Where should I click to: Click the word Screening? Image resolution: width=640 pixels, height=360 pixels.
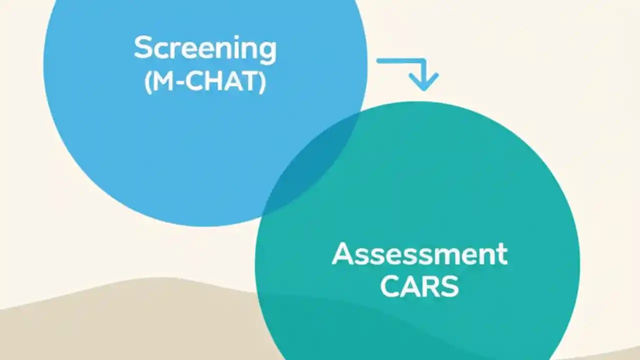click(205, 48)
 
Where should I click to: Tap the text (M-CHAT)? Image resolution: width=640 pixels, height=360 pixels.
click(205, 82)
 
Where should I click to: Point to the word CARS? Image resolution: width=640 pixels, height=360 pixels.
click(419, 287)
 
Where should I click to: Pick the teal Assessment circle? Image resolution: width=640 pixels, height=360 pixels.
click(450, 200)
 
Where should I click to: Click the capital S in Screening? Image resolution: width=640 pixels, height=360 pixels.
click(142, 48)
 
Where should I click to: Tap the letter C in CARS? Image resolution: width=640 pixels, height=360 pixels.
click(390, 287)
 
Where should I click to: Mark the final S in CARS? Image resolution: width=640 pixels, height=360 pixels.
click(448, 287)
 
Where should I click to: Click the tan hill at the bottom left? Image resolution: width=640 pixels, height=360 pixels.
click(100, 325)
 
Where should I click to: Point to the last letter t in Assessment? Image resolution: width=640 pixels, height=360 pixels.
click(501, 254)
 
